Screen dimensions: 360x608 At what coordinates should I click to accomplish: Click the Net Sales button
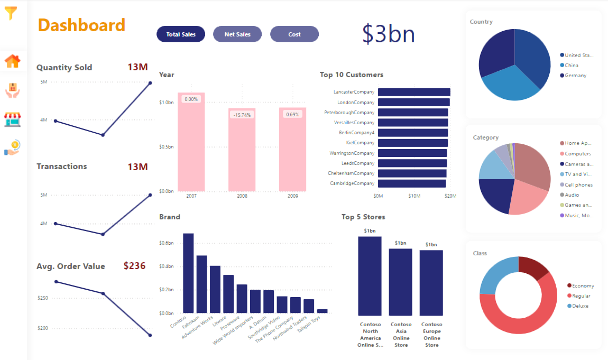tap(237, 34)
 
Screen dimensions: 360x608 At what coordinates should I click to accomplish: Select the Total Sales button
tap(181, 34)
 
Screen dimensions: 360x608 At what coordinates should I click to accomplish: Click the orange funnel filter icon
tap(11, 13)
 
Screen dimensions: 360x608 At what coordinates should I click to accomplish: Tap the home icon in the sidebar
tap(12, 61)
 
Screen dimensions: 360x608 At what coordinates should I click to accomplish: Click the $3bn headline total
tap(388, 34)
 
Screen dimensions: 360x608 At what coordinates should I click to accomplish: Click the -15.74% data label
tap(242, 115)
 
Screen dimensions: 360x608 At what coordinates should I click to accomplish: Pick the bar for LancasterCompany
tap(413, 92)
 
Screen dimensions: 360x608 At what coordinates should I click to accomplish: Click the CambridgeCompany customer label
tap(352, 183)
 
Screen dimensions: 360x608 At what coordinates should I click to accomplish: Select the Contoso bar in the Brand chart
tap(188, 273)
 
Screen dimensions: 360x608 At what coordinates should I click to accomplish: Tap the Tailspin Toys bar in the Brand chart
tap(322, 311)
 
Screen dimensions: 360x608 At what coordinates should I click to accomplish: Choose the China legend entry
tap(571, 66)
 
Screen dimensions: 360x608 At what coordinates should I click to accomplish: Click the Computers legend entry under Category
tap(577, 153)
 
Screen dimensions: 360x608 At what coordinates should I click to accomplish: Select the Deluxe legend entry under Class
tap(579, 306)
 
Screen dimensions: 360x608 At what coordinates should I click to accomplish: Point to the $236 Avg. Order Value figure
tap(134, 266)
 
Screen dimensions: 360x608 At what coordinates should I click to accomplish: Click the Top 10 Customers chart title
tap(351, 75)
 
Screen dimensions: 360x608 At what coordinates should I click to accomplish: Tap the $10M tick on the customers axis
tap(414, 196)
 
